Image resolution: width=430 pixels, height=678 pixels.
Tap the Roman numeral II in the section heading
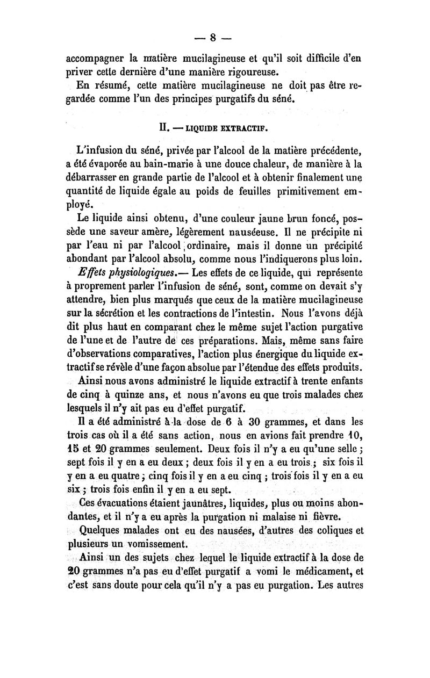coord(160,129)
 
